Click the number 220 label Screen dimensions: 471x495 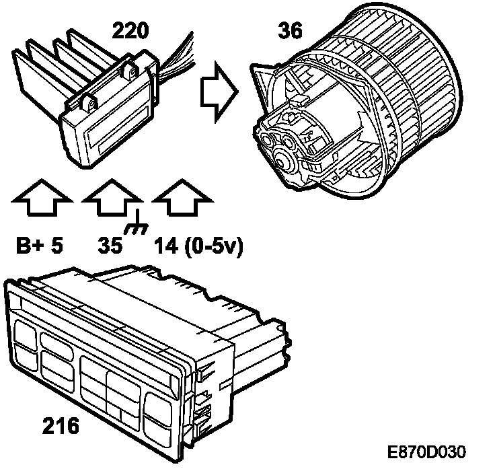click(x=131, y=30)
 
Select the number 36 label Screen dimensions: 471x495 click(x=290, y=30)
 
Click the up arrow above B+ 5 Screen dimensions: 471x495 click(x=41, y=198)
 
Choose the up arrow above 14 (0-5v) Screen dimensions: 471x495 click(x=181, y=198)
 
